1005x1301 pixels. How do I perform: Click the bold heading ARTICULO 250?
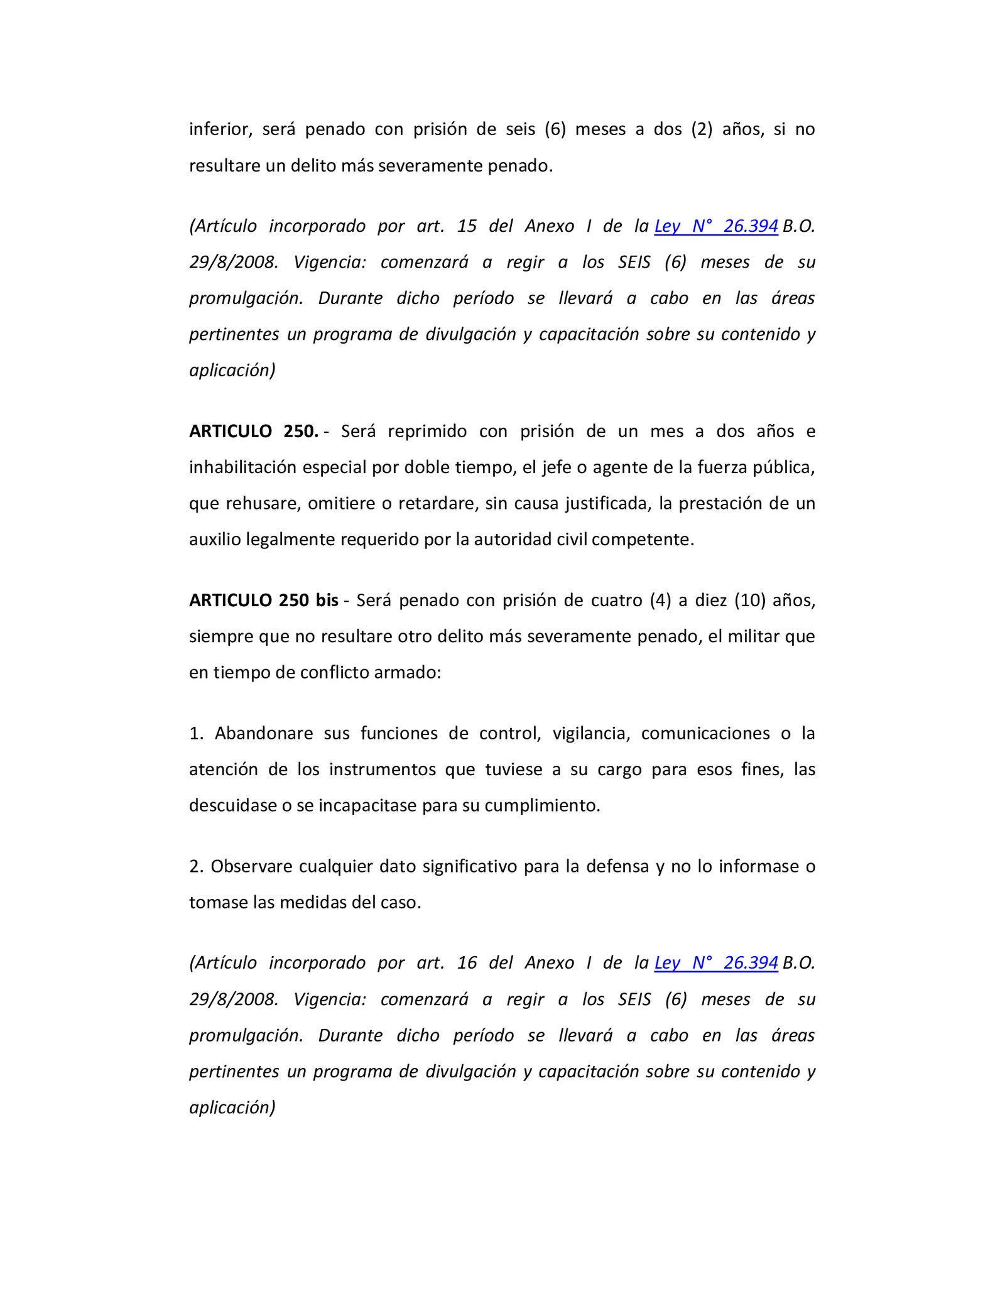254,431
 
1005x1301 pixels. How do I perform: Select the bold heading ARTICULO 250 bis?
264,600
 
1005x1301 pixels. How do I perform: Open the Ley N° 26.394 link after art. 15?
716,226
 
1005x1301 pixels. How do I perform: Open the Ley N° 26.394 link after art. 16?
716,963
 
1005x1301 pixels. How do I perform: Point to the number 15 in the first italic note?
467,226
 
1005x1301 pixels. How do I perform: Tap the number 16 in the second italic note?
467,963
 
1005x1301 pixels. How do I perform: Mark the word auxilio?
215,540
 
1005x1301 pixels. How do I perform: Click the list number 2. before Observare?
196,866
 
